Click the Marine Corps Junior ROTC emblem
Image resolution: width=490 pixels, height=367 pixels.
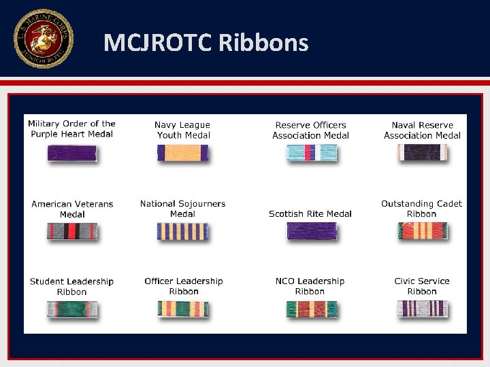coord(43,39)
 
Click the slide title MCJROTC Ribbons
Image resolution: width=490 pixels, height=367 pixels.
coord(206,43)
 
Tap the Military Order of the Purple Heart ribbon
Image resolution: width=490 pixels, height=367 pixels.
coord(71,153)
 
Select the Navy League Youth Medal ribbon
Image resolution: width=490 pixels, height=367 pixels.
coord(182,153)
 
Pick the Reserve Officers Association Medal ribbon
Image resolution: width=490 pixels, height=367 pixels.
coord(311,153)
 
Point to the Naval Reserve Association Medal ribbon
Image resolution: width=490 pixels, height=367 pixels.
coord(422,153)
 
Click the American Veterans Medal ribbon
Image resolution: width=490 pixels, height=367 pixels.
coord(71,232)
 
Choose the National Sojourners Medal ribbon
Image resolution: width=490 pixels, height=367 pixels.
coord(182,232)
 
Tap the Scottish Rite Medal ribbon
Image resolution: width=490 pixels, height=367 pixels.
coord(311,232)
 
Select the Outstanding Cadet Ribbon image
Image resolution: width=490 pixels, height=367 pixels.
coord(422,232)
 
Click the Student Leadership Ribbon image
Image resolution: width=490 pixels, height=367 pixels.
coord(71,309)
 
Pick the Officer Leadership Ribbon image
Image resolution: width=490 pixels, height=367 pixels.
coord(182,309)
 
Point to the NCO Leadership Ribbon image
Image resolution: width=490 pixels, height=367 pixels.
coord(311,309)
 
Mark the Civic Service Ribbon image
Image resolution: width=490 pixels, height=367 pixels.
coord(422,309)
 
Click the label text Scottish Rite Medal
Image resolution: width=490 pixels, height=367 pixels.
coord(310,213)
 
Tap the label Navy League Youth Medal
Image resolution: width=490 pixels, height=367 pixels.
coord(182,130)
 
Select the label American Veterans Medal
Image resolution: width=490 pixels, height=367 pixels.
coord(72,209)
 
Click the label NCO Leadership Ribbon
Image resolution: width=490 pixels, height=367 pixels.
coord(310,286)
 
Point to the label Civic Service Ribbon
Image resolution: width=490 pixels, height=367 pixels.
coord(422,286)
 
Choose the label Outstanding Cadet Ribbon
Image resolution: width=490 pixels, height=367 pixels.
coord(421,209)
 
